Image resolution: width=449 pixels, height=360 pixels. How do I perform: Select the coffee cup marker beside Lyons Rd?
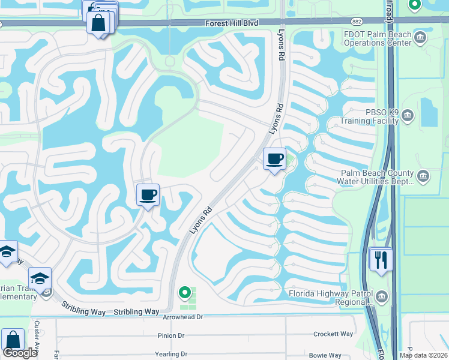click(x=274, y=159)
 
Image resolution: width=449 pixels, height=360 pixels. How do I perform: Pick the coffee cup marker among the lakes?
click(x=148, y=194)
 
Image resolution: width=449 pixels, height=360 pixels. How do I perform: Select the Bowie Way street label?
click(x=325, y=355)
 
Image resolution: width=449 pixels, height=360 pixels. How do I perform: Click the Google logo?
click(x=20, y=353)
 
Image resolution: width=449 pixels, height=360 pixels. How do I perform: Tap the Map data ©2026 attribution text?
click(x=423, y=355)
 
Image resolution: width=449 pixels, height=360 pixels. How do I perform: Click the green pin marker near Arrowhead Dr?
click(x=185, y=293)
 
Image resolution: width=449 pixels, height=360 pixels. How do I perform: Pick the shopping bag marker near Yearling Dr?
click(x=12, y=340)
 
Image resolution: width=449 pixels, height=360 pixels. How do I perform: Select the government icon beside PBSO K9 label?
click(x=408, y=115)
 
